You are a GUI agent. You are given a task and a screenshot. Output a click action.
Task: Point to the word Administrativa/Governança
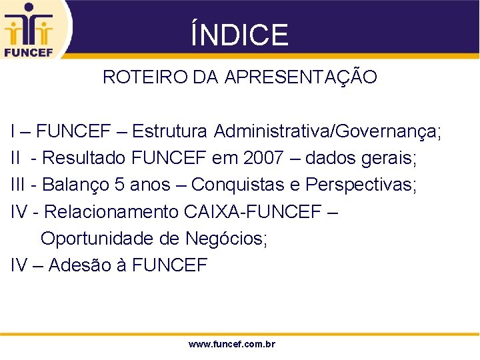click(327, 131)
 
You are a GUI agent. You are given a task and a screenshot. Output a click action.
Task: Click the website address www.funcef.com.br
click(232, 345)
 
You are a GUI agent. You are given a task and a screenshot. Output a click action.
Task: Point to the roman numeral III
click(19, 185)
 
